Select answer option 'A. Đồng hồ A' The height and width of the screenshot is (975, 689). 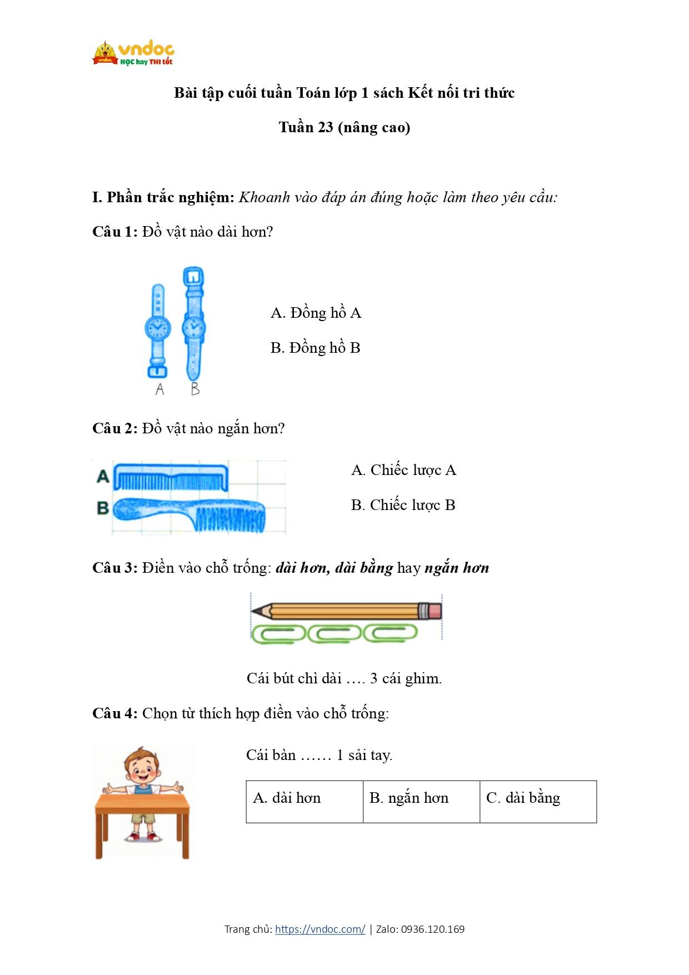[x=316, y=313]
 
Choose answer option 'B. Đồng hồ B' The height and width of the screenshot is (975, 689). [x=315, y=348]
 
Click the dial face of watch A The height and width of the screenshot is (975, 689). [x=157, y=327]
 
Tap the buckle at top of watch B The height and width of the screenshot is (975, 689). [x=193, y=276]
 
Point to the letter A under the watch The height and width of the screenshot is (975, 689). [x=160, y=389]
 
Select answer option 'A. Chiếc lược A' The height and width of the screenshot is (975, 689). [x=403, y=470]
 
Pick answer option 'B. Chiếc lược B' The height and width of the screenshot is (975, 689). [x=403, y=505]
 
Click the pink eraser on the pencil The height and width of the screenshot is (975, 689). [x=433, y=611]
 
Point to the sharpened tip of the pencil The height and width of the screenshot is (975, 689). [x=254, y=612]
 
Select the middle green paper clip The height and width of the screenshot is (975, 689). [x=333, y=633]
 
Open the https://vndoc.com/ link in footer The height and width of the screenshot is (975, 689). [x=320, y=929]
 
